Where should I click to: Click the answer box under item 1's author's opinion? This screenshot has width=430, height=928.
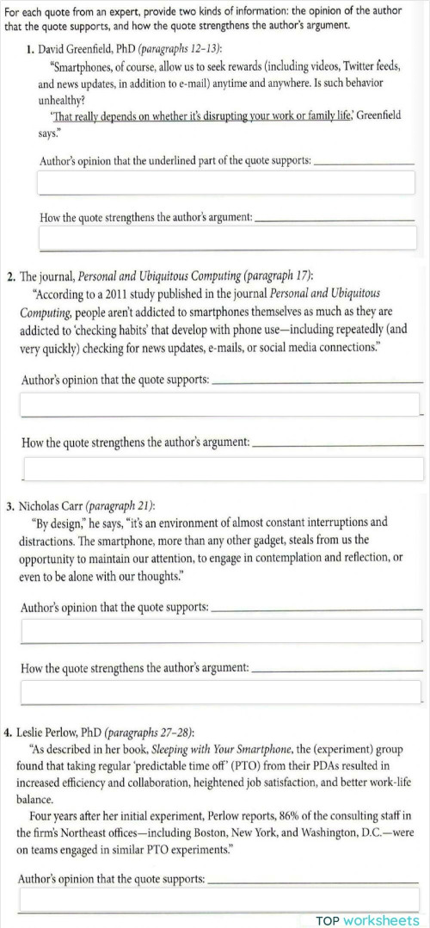[226, 183]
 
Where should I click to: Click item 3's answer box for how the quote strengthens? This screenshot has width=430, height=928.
[222, 691]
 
